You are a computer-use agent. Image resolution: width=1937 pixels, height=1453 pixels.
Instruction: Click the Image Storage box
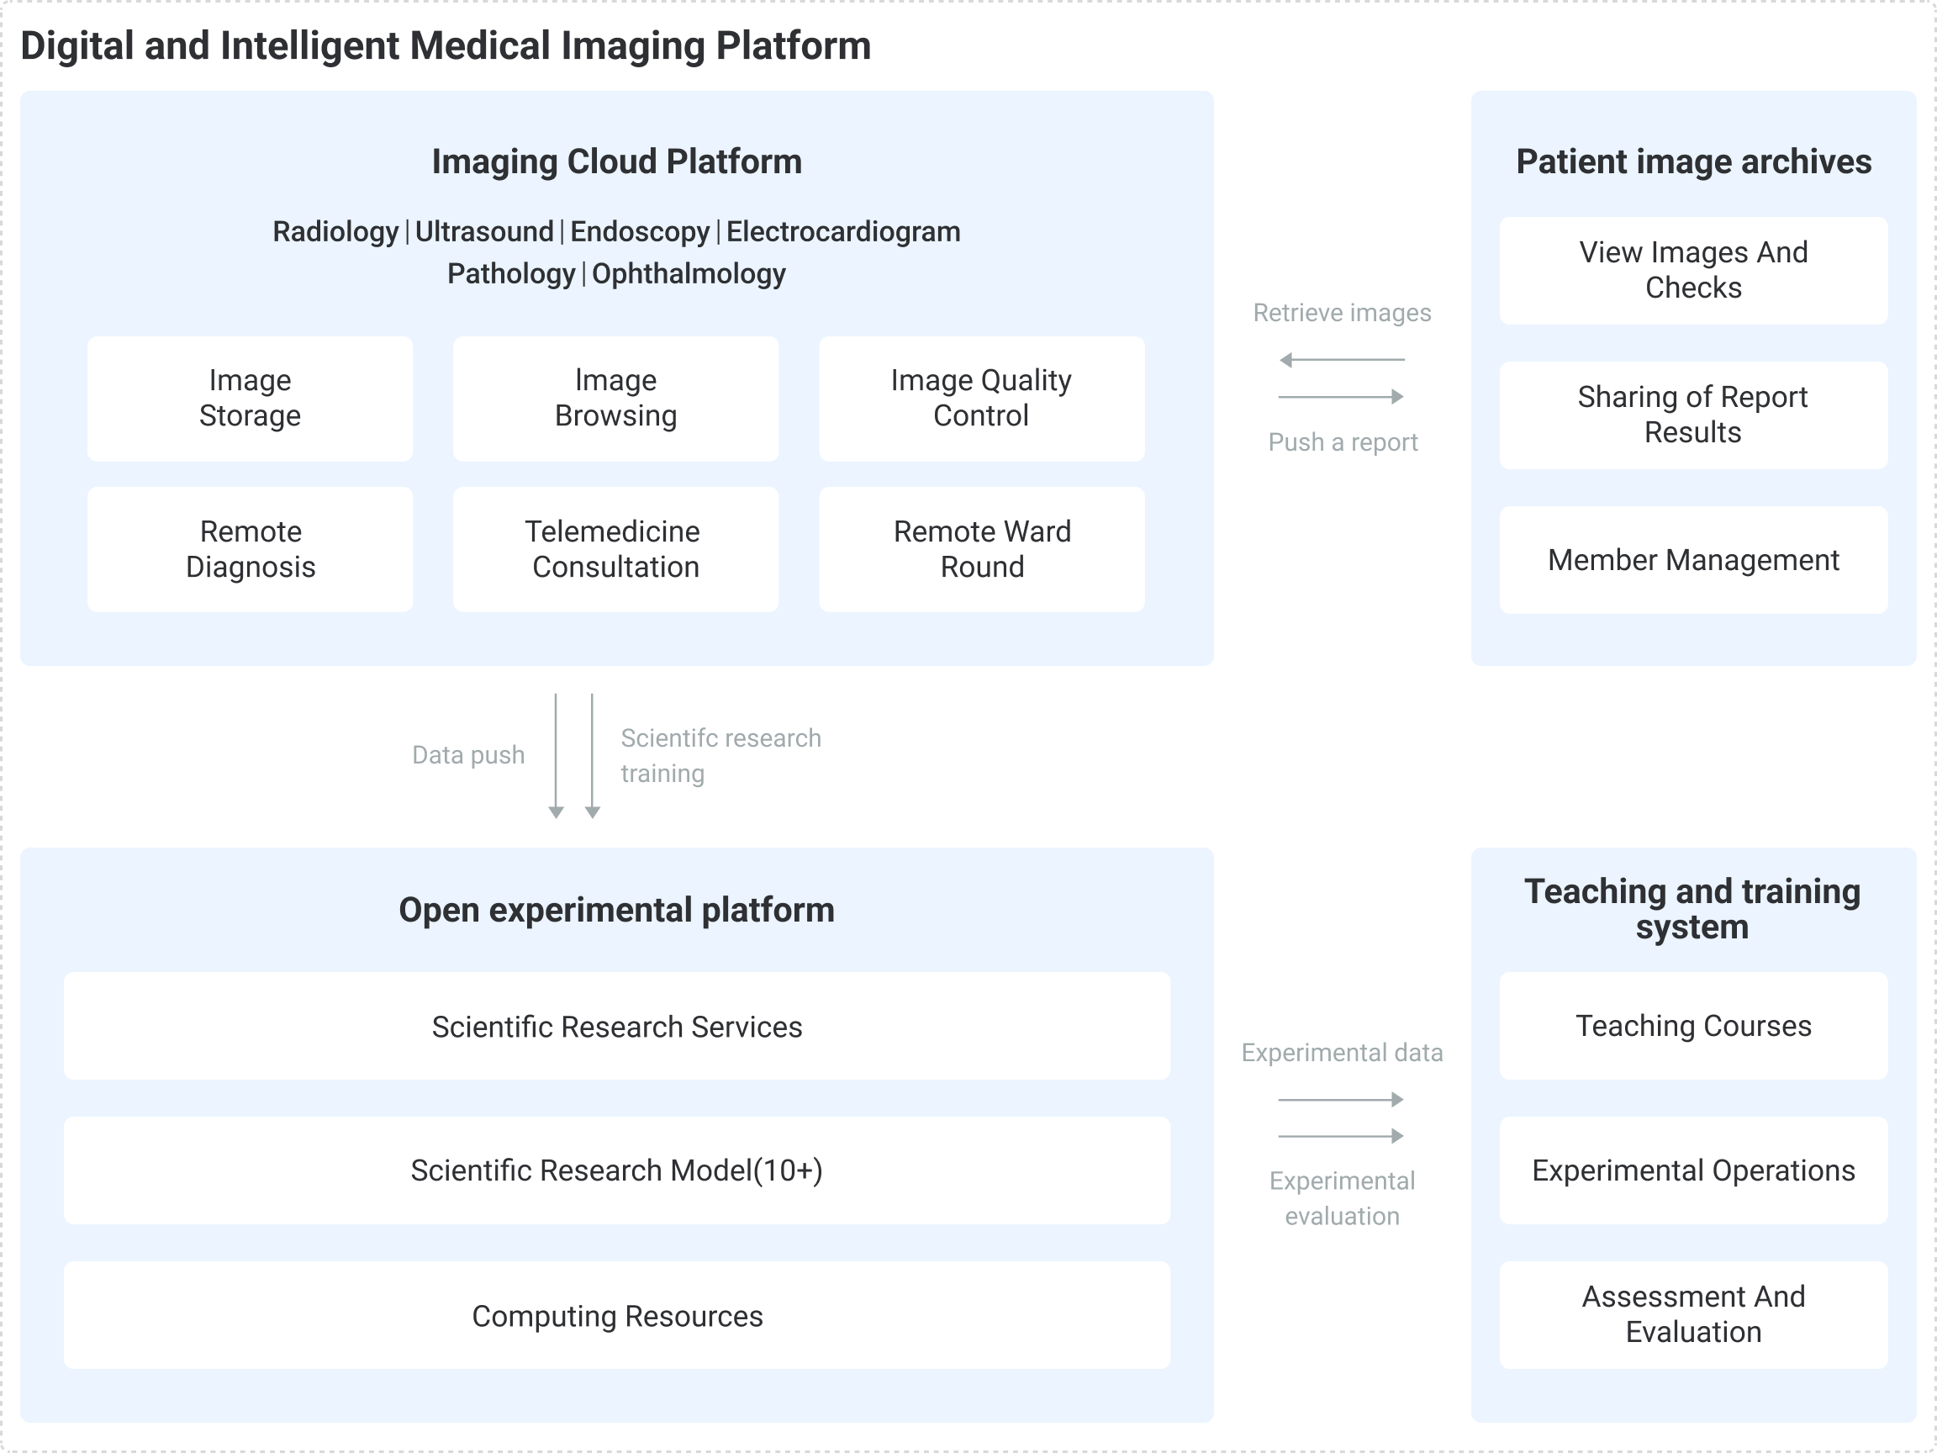[x=250, y=399]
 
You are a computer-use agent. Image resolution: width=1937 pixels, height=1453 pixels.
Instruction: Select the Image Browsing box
[x=615, y=399]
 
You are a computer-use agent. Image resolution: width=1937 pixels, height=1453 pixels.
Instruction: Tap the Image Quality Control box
[x=982, y=399]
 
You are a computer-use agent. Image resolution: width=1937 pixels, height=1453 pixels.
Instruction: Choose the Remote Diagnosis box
[x=250, y=549]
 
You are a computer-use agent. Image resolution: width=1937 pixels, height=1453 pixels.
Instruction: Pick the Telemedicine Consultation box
[x=615, y=549]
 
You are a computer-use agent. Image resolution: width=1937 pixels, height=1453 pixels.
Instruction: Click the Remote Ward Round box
[x=982, y=549]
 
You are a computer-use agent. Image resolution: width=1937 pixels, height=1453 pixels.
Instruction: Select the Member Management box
[x=1692, y=560]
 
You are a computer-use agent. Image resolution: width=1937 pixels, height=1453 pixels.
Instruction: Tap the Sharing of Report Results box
[x=1692, y=415]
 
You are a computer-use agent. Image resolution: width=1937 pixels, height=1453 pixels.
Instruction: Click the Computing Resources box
[x=616, y=1315]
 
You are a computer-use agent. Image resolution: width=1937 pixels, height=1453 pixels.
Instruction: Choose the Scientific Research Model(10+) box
[x=616, y=1170]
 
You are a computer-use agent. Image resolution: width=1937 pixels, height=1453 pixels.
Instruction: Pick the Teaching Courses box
[x=1692, y=1026]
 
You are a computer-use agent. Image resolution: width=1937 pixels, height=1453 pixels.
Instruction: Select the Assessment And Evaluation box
[x=1692, y=1314]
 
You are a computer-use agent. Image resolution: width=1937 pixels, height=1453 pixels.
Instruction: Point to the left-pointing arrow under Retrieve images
[x=1341, y=360]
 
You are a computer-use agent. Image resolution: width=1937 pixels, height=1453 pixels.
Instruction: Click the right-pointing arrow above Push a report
[x=1341, y=397]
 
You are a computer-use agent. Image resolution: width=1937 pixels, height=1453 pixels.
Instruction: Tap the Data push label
[x=468, y=755]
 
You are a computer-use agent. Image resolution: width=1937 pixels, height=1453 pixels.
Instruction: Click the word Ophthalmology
[x=689, y=274]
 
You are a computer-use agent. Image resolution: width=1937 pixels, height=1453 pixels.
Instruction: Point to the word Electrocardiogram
[x=842, y=232]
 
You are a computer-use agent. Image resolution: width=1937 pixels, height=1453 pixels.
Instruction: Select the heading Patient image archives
[x=1693, y=162]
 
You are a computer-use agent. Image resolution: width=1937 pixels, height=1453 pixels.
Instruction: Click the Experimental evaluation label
[x=1342, y=1198]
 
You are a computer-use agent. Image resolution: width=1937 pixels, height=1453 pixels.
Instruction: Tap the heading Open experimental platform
[x=616, y=910]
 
